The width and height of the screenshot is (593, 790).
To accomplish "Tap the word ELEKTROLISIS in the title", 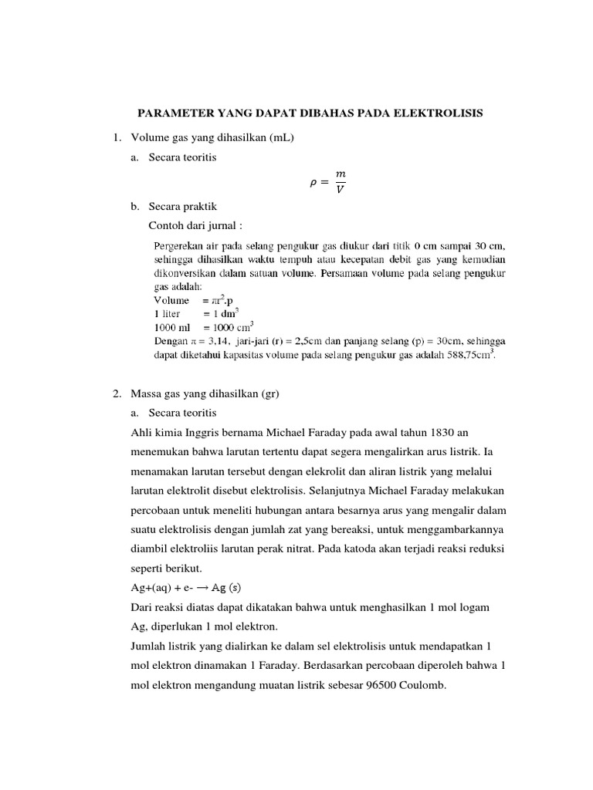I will pos(441,113).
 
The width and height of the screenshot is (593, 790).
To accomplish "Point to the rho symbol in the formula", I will pos(312,183).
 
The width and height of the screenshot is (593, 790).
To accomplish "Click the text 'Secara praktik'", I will pos(183,207).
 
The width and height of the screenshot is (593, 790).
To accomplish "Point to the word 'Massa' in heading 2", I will pos(147,393).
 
